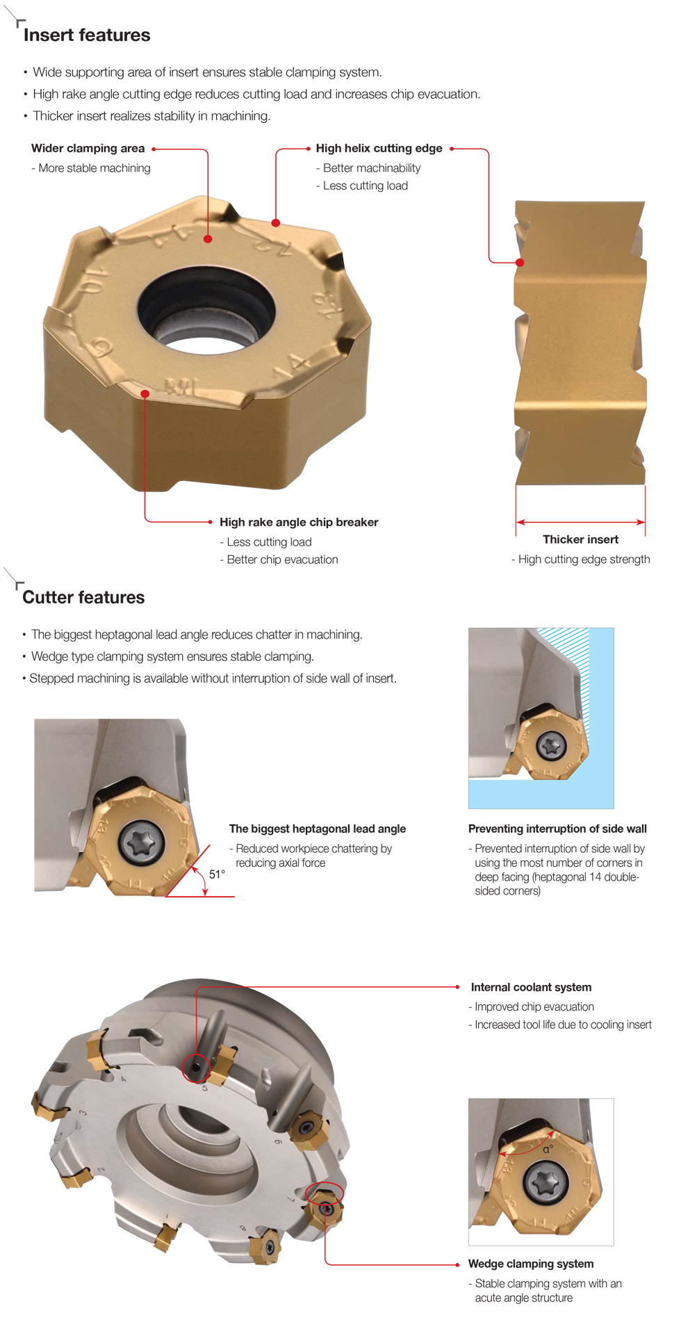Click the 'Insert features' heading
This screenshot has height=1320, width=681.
click(87, 35)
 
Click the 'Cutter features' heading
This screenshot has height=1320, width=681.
click(83, 598)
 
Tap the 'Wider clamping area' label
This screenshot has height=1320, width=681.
click(88, 148)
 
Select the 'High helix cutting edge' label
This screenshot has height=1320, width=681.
click(379, 148)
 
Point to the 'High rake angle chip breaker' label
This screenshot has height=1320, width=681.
click(299, 522)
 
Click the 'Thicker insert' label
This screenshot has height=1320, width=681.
click(580, 539)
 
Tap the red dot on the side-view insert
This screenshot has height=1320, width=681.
click(520, 262)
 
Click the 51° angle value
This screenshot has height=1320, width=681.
click(217, 874)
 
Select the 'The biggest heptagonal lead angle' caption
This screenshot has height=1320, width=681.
click(318, 829)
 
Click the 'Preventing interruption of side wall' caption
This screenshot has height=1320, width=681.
click(557, 829)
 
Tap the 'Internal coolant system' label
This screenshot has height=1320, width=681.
click(531, 987)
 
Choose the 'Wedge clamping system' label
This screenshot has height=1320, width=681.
click(531, 1264)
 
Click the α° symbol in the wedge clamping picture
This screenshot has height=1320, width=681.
click(548, 1149)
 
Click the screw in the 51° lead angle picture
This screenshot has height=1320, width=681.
click(142, 842)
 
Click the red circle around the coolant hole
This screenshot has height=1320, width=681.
click(196, 1067)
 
